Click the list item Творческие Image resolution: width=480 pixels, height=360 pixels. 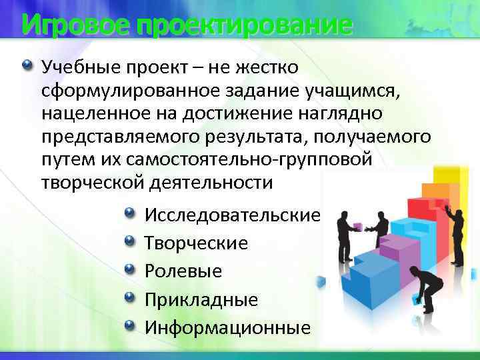[196, 243]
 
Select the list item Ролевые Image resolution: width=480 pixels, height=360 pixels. [183, 271]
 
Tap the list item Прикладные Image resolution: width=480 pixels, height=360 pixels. [201, 299]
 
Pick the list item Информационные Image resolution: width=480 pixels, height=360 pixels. [227, 327]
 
